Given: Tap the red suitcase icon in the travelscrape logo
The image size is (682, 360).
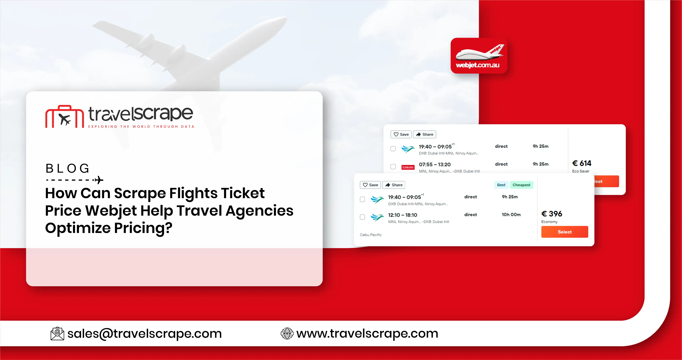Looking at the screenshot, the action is [x=65, y=117].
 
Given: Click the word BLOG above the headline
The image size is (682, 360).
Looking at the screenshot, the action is [x=67, y=169].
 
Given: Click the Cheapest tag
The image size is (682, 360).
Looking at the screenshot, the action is [x=521, y=185].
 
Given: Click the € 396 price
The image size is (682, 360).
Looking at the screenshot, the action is [x=552, y=214].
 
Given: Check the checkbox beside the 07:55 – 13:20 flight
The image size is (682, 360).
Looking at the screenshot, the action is [x=393, y=167].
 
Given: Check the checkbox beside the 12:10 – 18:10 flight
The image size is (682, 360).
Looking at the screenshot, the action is [x=362, y=217].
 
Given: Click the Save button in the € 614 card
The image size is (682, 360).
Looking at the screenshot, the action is [x=401, y=134].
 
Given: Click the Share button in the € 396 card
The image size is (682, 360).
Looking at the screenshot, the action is [x=394, y=185].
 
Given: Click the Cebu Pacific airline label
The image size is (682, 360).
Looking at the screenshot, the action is [x=371, y=235].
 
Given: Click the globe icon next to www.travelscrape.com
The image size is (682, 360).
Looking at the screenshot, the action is [x=287, y=334].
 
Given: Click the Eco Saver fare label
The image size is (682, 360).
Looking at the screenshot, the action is [x=581, y=171].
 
